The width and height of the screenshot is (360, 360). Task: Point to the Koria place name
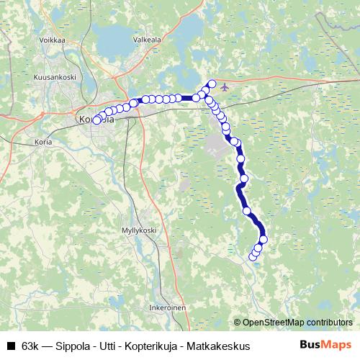(x=43, y=142)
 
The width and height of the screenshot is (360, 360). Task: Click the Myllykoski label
(x=139, y=230)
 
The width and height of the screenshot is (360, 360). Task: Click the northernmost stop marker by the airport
(x=212, y=84)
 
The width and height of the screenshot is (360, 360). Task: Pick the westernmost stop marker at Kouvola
(x=96, y=120)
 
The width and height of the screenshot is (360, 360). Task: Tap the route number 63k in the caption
(x=31, y=346)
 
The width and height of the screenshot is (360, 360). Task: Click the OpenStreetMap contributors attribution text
(x=294, y=322)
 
